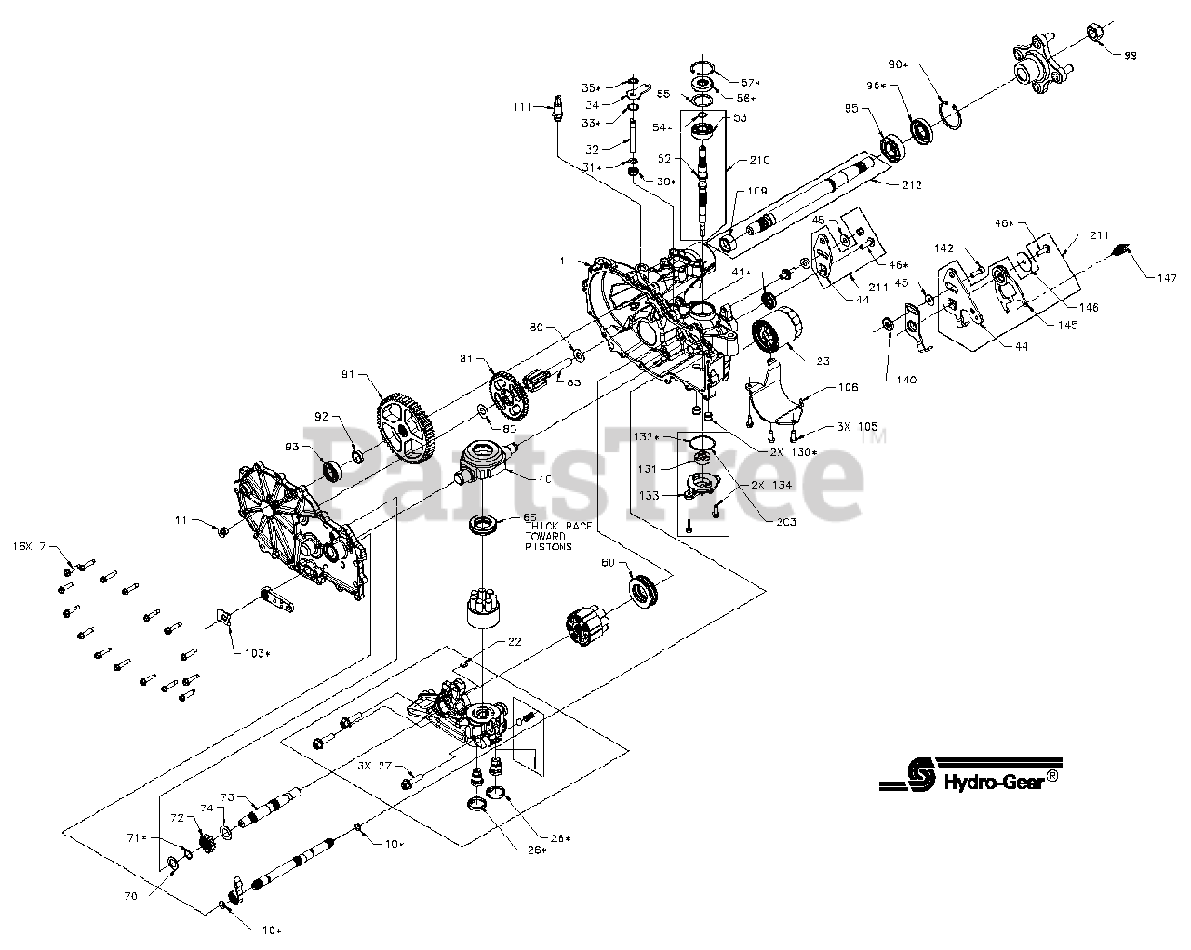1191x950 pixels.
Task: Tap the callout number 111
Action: point(523,107)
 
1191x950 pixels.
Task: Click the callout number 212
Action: point(910,185)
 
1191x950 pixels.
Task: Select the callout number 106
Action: point(847,388)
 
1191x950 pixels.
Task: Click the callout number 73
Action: point(228,798)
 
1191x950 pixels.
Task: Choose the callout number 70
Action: point(131,896)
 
